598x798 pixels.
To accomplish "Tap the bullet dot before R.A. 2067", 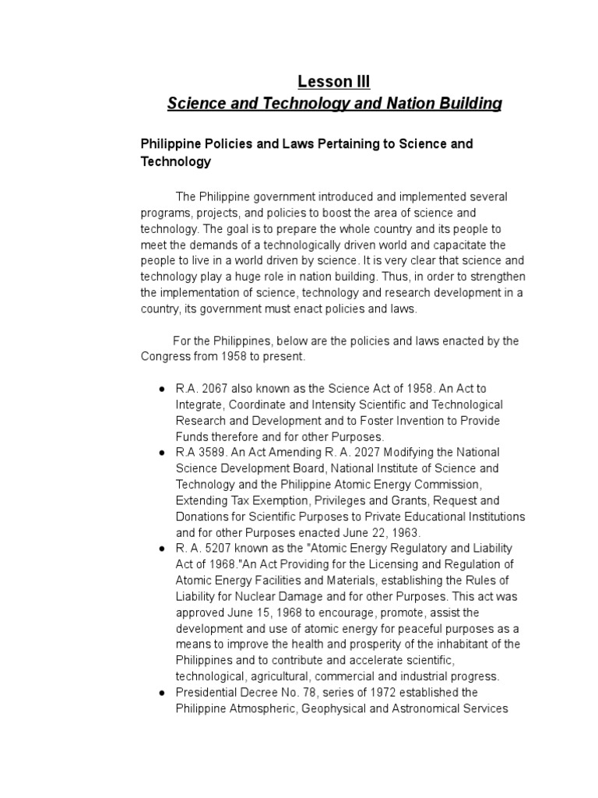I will [x=160, y=388].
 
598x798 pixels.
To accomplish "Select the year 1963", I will [x=406, y=533].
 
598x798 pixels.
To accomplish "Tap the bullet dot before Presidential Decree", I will [x=160, y=693].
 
